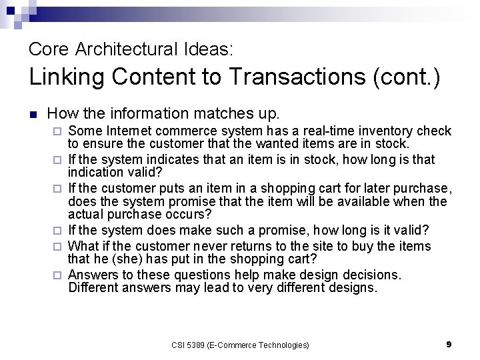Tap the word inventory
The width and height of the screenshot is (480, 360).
[368, 131]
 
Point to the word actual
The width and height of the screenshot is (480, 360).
[85, 214]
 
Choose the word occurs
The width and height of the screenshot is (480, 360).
[189, 214]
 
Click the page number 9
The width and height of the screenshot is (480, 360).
[449, 344]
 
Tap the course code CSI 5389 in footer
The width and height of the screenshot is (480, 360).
[189, 345]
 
